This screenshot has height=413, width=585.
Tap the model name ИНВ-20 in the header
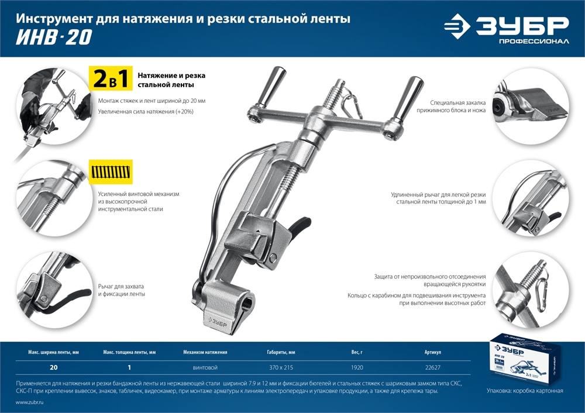pyautogui.click(x=54, y=37)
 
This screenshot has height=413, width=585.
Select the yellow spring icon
pyautogui.click(x=111, y=171)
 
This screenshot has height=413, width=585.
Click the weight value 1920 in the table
pyautogui.click(x=357, y=367)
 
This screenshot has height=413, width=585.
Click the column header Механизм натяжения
pyautogui.click(x=205, y=353)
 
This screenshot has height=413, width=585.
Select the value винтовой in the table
pyautogui.click(x=205, y=367)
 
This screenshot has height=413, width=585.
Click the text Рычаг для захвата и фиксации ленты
pyautogui.click(x=121, y=290)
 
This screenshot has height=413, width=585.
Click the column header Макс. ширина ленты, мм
pyautogui.click(x=53, y=353)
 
